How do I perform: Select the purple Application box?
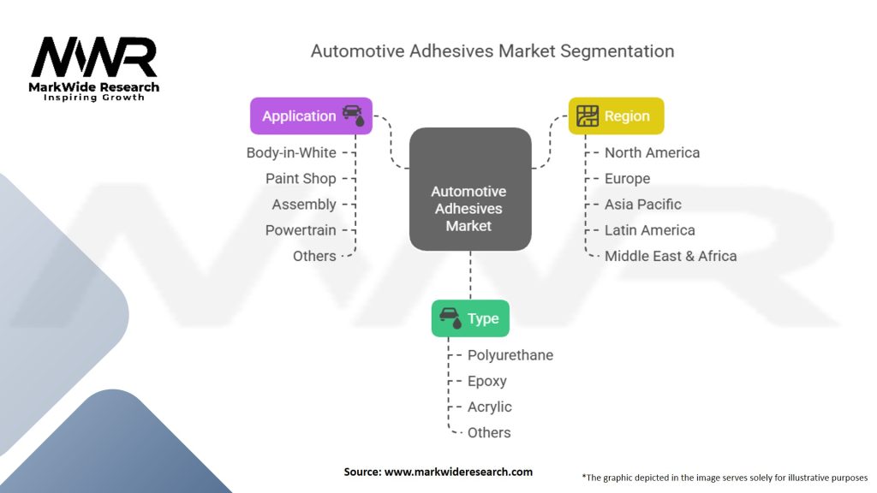click(310, 116)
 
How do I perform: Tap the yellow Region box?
click(616, 116)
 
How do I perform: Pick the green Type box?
click(470, 318)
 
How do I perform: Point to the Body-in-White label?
click(291, 152)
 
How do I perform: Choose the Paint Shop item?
click(301, 178)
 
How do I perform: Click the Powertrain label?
click(301, 229)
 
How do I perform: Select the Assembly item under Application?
click(304, 204)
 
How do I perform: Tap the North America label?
click(652, 152)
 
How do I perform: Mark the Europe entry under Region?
click(627, 178)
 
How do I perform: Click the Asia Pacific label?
click(643, 204)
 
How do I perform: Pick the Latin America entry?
click(650, 229)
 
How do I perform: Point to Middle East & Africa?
click(671, 255)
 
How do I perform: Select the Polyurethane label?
click(510, 355)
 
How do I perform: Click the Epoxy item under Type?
click(487, 381)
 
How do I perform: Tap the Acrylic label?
click(490, 407)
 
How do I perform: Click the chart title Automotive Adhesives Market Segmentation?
click(492, 50)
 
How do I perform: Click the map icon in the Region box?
click(588, 116)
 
